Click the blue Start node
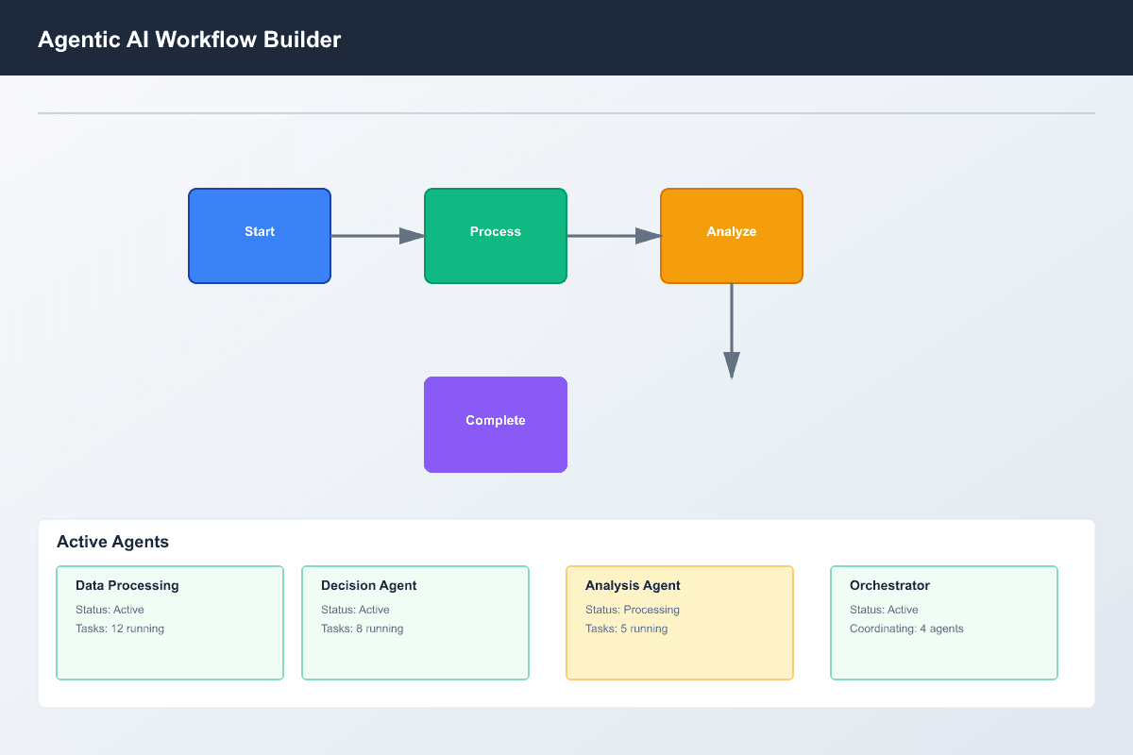click(260, 236)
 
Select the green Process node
click(496, 236)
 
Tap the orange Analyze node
click(732, 236)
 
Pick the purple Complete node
click(496, 425)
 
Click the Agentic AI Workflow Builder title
click(189, 40)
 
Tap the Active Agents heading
click(112, 542)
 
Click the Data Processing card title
click(127, 585)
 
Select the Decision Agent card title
click(368, 585)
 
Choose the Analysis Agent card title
click(633, 585)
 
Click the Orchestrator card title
click(889, 585)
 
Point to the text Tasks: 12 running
click(120, 629)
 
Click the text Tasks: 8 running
click(362, 629)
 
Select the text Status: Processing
click(632, 610)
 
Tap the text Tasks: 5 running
click(626, 629)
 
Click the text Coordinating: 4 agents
click(906, 629)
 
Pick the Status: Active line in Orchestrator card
click(884, 610)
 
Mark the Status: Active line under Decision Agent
click(355, 610)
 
